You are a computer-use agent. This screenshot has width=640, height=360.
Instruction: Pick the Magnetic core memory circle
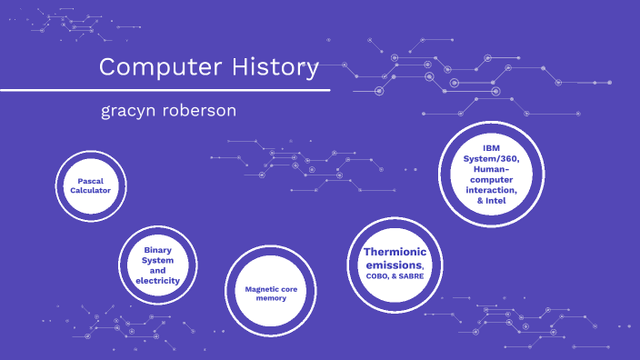pos(270,293)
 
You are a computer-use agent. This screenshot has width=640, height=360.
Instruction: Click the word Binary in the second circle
pos(158,248)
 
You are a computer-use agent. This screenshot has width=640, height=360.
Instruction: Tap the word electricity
pos(158,281)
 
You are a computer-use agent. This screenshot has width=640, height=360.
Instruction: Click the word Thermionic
pos(395,252)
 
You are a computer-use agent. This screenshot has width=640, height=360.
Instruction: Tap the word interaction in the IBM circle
pos(492,189)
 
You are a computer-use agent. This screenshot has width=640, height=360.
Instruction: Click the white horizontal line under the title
pos(165,90)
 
